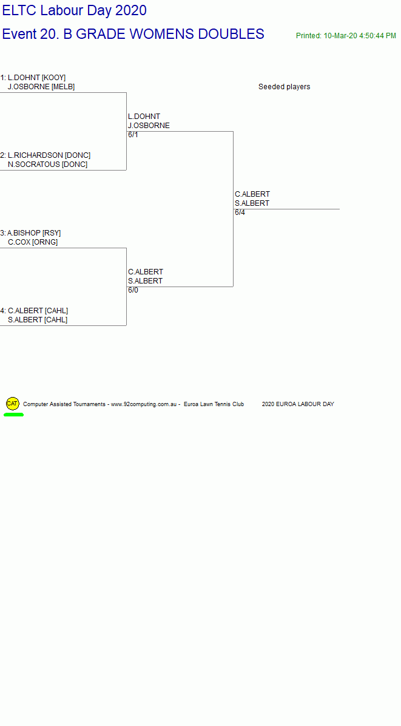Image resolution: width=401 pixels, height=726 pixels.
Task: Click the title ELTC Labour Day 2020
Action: pyautogui.click(x=75, y=10)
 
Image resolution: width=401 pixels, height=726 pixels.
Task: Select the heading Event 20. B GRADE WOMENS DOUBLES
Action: pyautogui.click(x=133, y=34)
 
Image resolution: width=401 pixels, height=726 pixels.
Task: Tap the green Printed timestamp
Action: pyautogui.click(x=346, y=36)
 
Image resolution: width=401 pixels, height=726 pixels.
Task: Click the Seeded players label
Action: pyautogui.click(x=284, y=87)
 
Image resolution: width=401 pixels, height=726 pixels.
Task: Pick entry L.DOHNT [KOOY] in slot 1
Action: pyautogui.click(x=36, y=77)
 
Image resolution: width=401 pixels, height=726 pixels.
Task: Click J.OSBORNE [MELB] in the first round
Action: pyautogui.click(x=41, y=87)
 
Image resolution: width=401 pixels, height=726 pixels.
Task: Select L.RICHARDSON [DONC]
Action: pyautogui.click(x=49, y=155)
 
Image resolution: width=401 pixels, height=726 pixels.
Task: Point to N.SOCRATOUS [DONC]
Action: pyautogui.click(x=48, y=165)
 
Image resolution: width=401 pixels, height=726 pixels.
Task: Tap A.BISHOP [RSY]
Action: pyautogui.click(x=34, y=233)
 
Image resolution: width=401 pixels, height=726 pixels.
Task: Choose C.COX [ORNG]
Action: pyautogui.click(x=33, y=242)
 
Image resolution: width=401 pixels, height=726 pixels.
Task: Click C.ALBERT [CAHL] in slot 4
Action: pyautogui.click(x=38, y=311)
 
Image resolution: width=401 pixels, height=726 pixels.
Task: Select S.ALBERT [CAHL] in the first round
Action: pyautogui.click(x=38, y=320)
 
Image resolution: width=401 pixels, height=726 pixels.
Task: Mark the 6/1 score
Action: pyautogui.click(x=133, y=135)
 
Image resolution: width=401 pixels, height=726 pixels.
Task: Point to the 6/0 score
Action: pyautogui.click(x=133, y=290)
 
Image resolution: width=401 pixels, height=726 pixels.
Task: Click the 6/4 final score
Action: pyautogui.click(x=240, y=212)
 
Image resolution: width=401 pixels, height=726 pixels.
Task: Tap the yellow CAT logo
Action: pyautogui.click(x=13, y=404)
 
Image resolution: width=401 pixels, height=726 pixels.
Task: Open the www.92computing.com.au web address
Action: pyautogui.click(x=144, y=404)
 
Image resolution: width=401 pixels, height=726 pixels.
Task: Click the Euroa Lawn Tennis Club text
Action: pyautogui.click(x=214, y=404)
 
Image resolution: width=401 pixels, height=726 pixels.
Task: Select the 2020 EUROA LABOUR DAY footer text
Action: pyautogui.click(x=298, y=404)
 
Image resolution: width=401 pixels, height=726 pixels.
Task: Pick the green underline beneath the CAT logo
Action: pyautogui.click(x=13, y=415)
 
